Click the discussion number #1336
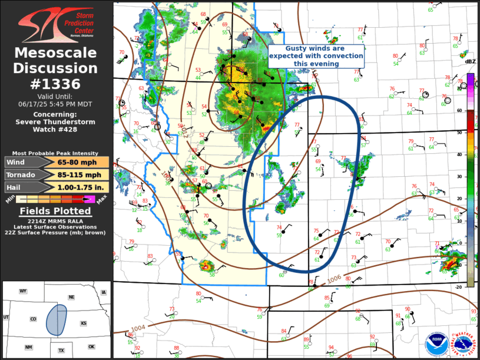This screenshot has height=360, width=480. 56,84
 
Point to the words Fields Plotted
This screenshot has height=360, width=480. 56,211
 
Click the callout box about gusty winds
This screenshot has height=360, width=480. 316,56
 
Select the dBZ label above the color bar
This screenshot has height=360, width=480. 470,61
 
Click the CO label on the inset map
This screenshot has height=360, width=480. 33,319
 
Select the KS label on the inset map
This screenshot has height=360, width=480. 84,323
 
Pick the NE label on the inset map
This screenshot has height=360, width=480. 71,298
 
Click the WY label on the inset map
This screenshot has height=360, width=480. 23,291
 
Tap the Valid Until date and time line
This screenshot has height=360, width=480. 56,103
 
